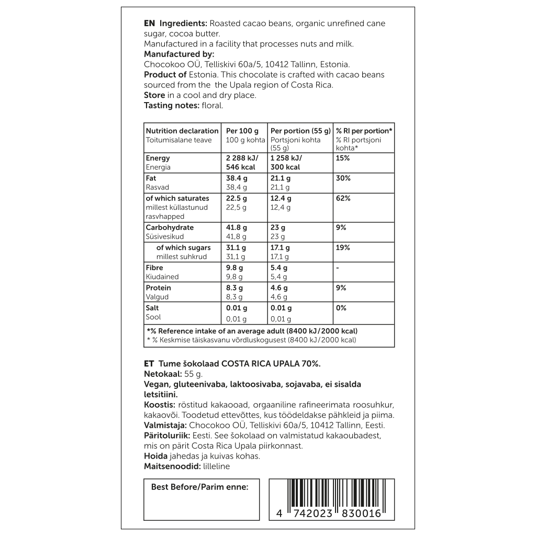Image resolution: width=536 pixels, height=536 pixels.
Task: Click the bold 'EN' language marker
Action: pyautogui.click(x=149, y=24)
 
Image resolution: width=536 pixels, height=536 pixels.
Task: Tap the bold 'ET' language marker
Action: pyautogui.click(x=149, y=364)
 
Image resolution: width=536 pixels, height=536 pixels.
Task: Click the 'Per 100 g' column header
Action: pyautogui.click(x=242, y=131)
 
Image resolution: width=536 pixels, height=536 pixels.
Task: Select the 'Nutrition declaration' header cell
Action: pyautogui.click(x=182, y=131)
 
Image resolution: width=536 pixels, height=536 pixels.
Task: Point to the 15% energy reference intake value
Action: pyautogui.click(x=343, y=158)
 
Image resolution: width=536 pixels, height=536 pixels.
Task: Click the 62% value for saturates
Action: pyautogui.click(x=343, y=198)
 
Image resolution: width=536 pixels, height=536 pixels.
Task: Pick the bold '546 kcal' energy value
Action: pyautogui.click(x=240, y=167)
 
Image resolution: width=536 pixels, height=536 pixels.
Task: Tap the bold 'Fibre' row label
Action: pyautogui.click(x=154, y=267)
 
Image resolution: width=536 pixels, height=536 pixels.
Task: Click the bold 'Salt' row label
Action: pyautogui.click(x=152, y=308)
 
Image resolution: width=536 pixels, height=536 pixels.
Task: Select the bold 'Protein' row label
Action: pyautogui.click(x=158, y=288)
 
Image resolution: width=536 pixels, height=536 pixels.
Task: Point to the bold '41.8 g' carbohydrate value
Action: pyautogui.click(x=236, y=228)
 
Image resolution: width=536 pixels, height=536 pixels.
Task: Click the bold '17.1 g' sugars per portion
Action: pyautogui.click(x=281, y=248)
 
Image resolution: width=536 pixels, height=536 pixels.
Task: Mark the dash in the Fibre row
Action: pyautogui.click(x=338, y=267)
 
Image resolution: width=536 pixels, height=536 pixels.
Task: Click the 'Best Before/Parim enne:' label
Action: pyautogui.click(x=199, y=487)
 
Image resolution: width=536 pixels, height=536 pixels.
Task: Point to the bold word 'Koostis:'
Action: pyautogui.click(x=159, y=405)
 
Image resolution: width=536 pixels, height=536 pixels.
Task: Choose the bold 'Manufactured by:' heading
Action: pyautogui.click(x=179, y=54)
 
